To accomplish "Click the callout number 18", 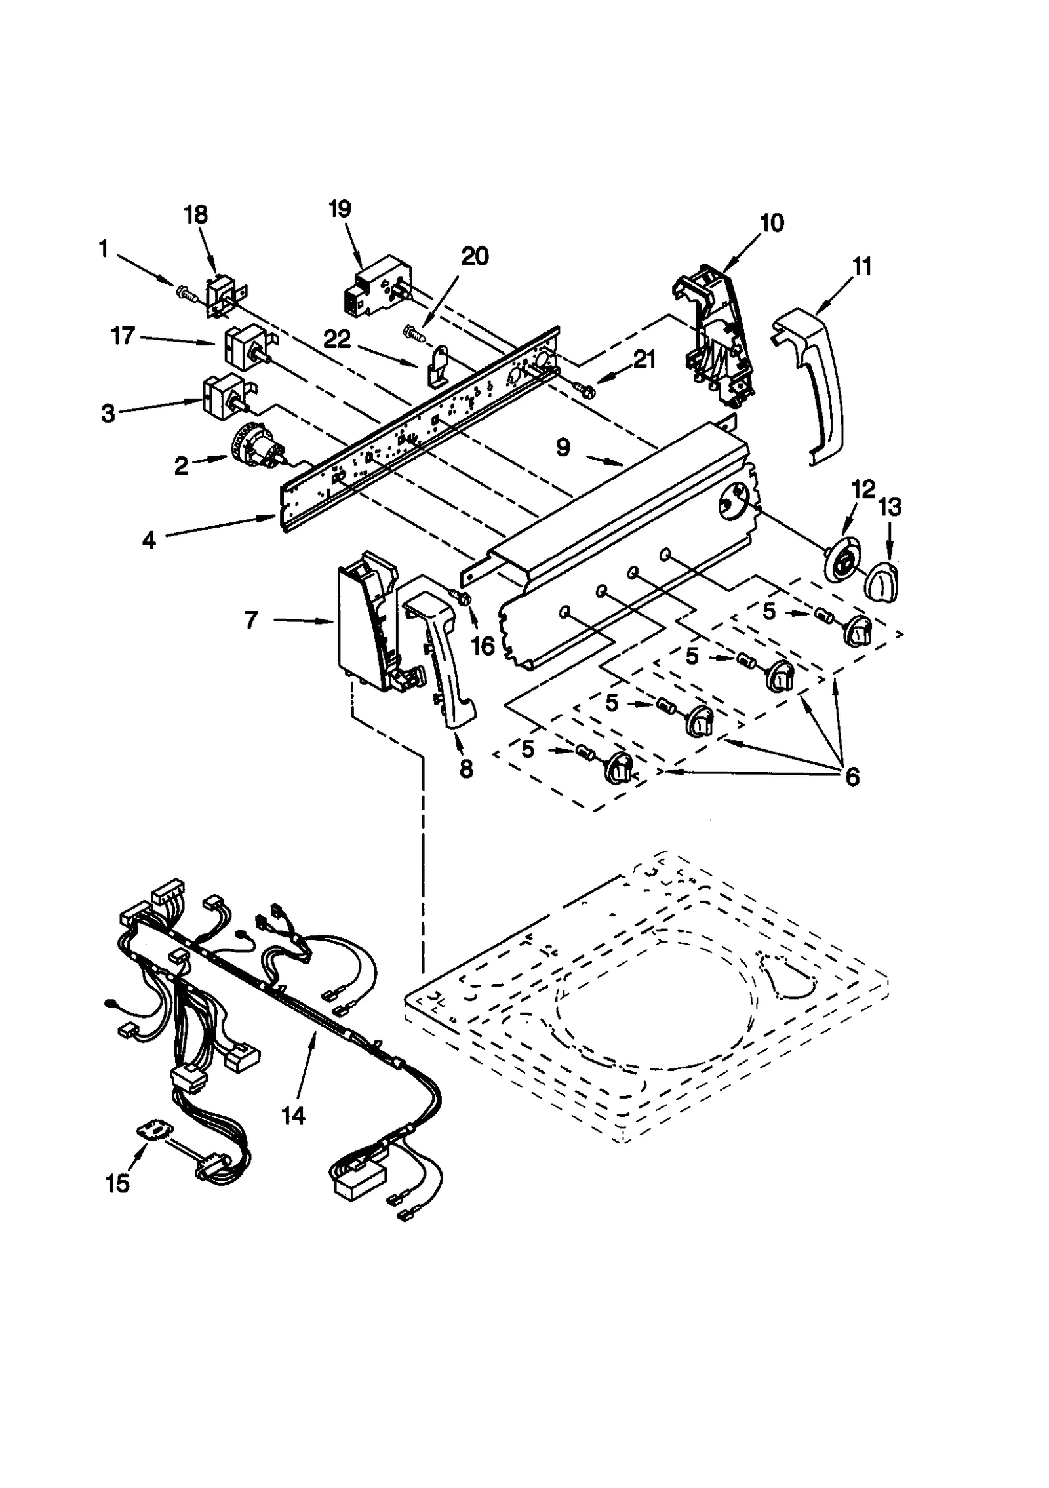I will point(196,214).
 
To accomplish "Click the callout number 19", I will point(340,208).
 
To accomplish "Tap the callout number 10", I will point(772,223).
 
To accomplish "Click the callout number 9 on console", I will point(563,448).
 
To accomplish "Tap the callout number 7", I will point(251,619).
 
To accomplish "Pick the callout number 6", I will point(851,776).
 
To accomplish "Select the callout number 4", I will point(149,541).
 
